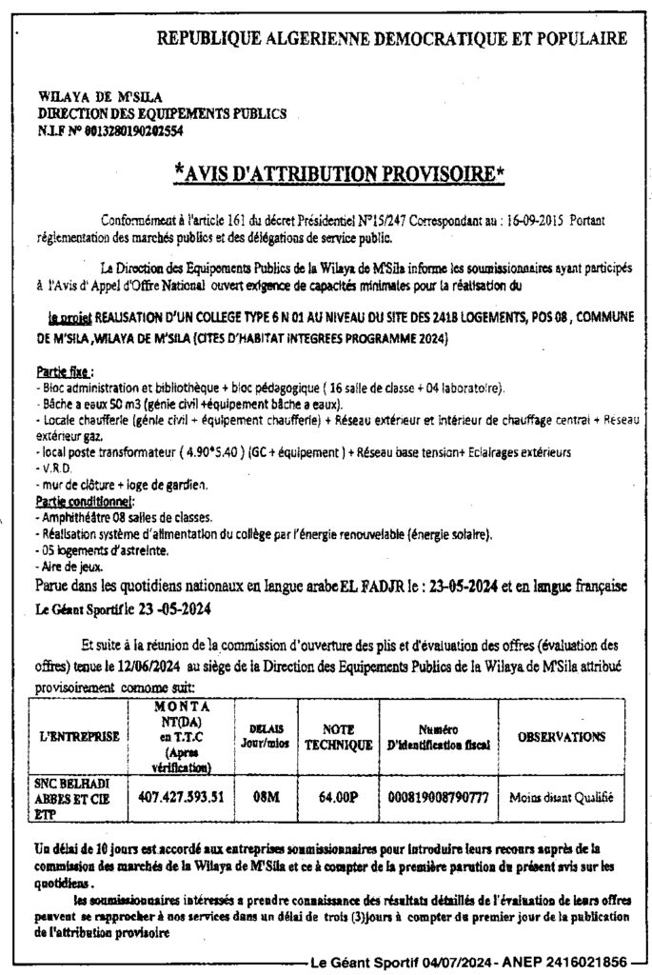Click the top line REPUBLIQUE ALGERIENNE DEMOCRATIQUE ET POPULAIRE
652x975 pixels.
391,39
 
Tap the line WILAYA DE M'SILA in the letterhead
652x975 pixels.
101,97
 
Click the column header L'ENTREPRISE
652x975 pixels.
80,736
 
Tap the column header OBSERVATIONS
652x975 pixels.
562,736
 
